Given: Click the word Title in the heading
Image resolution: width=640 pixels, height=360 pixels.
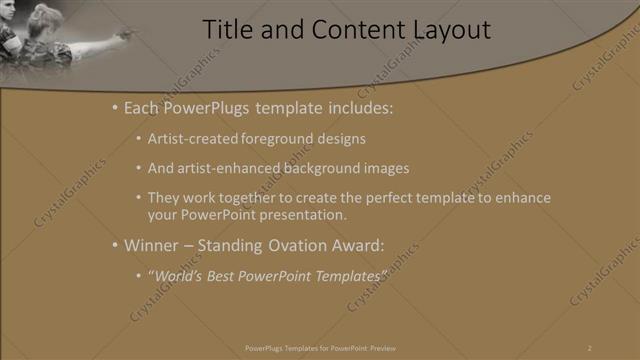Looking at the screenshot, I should pyautogui.click(x=227, y=30).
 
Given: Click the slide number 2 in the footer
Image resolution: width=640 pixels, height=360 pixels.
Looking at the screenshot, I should pyautogui.click(x=589, y=347).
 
